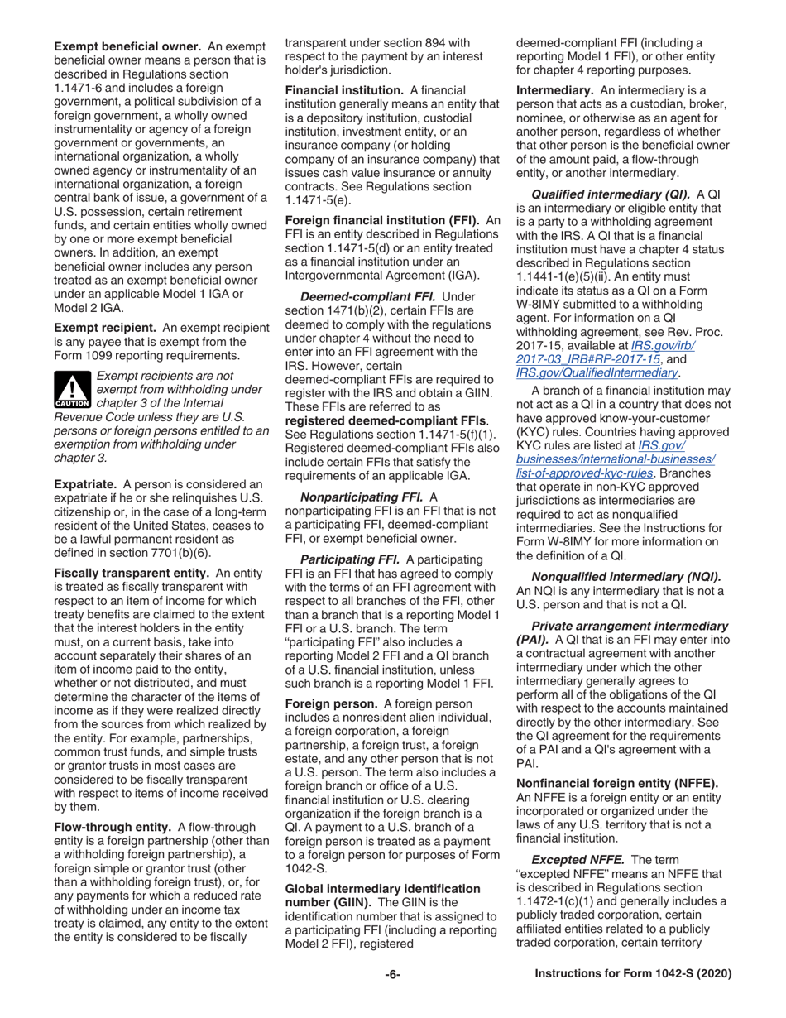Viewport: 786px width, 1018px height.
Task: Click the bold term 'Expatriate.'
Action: click(x=87, y=483)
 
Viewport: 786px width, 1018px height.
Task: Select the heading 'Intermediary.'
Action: click(x=555, y=89)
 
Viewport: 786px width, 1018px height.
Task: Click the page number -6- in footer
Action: click(x=392, y=974)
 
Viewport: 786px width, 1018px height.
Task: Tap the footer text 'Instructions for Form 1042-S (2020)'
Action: click(x=633, y=974)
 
